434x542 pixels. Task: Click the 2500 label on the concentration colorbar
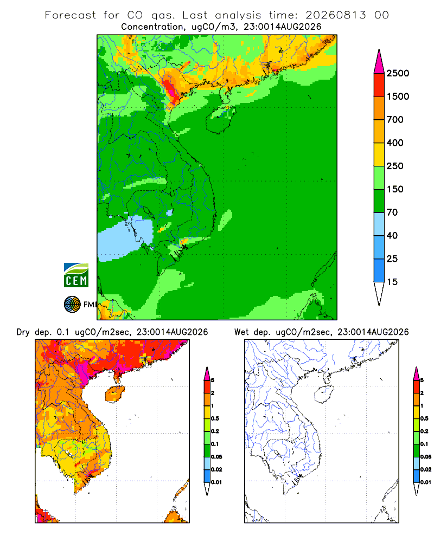pos(398,73)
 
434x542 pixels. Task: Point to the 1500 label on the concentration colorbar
pos(398,96)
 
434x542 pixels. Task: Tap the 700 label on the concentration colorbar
pos(395,120)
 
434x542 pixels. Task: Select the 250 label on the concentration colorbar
pos(395,166)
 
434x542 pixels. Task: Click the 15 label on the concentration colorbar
pos(392,282)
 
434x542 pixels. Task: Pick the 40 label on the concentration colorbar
pos(392,235)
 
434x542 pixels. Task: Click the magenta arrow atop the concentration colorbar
pos(379,62)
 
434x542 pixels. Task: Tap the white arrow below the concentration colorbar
pos(379,294)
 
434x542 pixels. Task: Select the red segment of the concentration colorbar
pos(379,85)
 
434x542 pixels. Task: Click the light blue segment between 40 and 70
pos(379,224)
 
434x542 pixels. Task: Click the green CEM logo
pos(76,275)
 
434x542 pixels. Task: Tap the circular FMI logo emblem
pos(72,305)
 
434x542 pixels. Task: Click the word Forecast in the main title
pos(71,15)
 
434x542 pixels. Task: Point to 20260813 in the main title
pos(335,15)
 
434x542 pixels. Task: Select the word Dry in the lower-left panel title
pos(23,332)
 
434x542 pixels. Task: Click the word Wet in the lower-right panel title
pos(241,332)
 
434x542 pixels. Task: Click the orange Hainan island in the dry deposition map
pos(115,394)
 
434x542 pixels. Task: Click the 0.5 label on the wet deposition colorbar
pos(424,418)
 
